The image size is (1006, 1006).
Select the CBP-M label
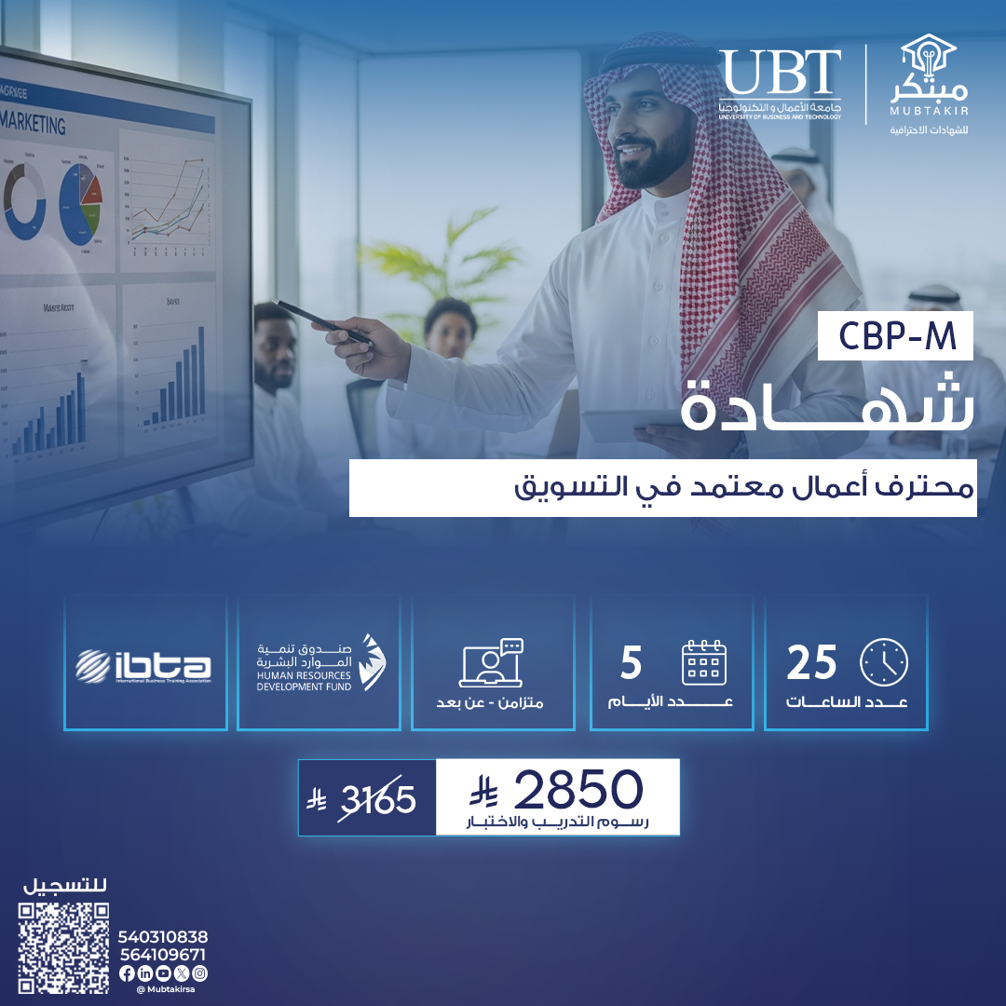(895, 338)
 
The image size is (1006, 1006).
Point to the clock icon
(884, 661)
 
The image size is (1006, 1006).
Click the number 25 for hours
(812, 663)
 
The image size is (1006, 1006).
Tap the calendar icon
(704, 661)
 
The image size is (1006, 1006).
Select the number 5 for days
(632, 663)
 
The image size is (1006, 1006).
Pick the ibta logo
(144, 665)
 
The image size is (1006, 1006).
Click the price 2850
(578, 790)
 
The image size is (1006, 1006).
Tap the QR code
(64, 947)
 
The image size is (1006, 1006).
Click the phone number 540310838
(163, 937)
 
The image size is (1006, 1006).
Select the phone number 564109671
(163, 955)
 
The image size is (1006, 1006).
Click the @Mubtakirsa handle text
(164, 989)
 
